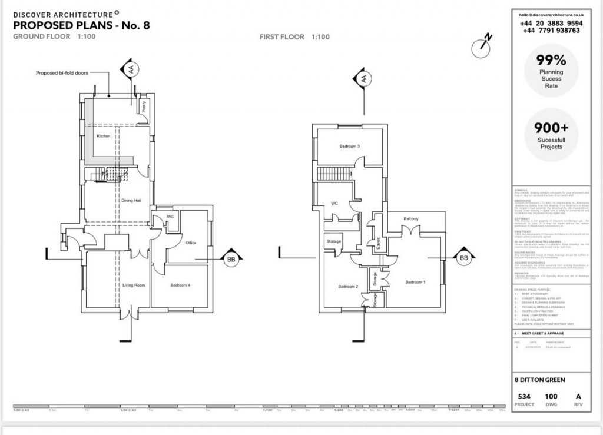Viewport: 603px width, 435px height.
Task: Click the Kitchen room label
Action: point(104,136)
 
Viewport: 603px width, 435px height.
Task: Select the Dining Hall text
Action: point(131,201)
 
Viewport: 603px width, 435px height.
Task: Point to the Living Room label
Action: point(134,285)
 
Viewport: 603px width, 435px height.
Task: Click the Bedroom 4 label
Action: point(180,285)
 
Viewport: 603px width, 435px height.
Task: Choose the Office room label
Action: point(190,242)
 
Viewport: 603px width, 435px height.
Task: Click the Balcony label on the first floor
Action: point(411,219)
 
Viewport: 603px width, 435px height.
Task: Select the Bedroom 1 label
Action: point(415,282)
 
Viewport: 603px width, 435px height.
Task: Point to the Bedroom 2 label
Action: point(348,287)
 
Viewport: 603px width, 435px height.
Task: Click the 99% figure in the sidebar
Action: point(551,60)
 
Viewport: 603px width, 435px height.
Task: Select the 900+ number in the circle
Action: point(551,127)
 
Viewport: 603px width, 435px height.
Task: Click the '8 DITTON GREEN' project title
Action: point(540,380)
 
